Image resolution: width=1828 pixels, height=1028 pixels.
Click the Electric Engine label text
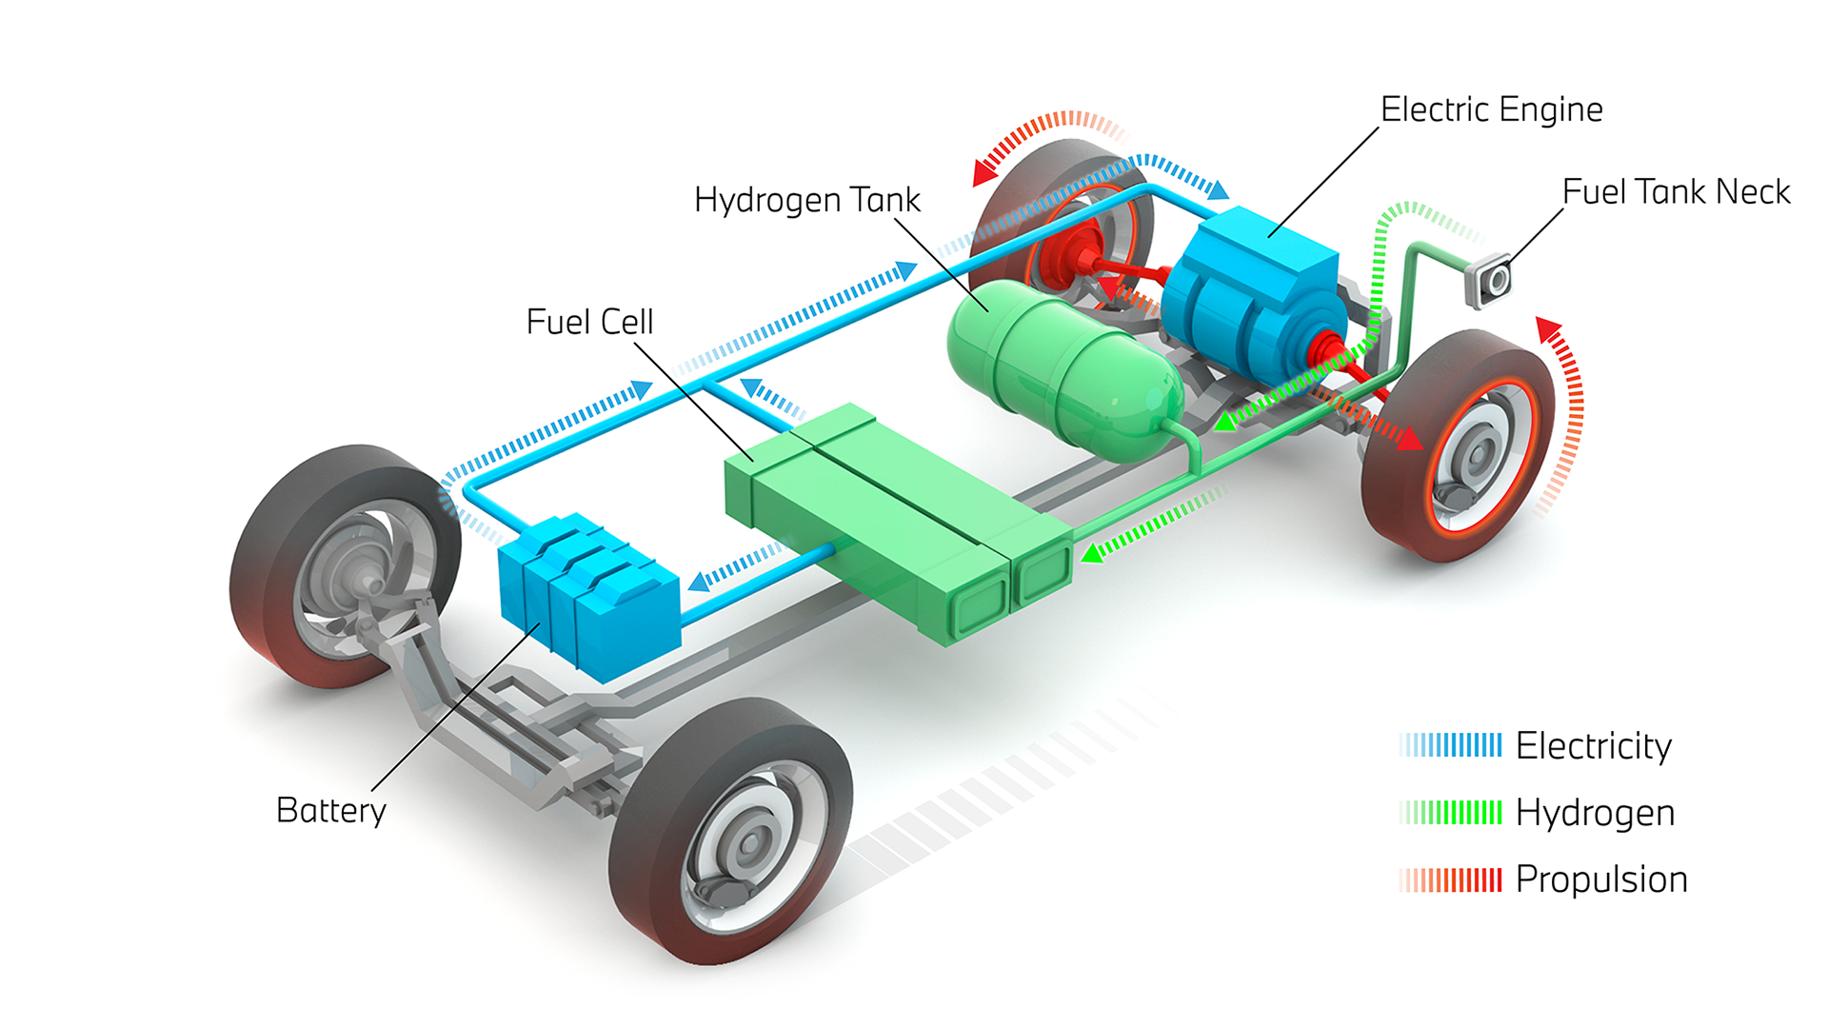(1491, 109)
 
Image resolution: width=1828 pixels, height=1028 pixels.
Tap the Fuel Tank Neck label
(1676, 192)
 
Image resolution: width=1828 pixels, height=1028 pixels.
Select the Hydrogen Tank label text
(806, 200)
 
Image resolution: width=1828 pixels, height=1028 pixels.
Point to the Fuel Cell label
(589, 322)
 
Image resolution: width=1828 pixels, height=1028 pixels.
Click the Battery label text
(330, 811)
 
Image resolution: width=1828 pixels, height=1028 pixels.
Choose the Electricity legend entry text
(1593, 746)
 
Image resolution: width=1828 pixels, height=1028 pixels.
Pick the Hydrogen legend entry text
(1595, 813)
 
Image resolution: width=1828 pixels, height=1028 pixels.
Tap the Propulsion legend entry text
(1600, 880)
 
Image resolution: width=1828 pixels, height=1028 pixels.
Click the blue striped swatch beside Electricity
(1450, 745)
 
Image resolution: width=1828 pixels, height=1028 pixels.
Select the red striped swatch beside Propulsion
(1450, 880)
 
